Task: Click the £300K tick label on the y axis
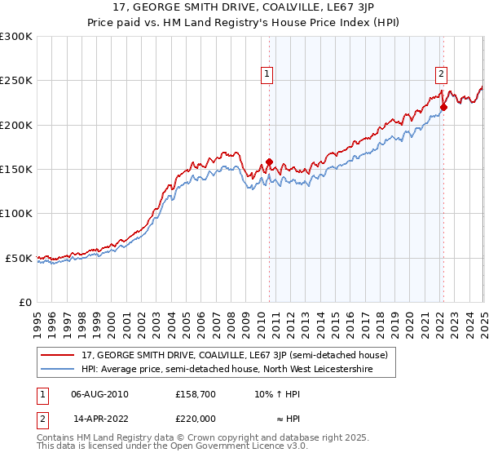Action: [18, 37]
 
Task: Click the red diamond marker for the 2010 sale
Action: [269, 162]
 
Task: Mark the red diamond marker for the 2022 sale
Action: [443, 107]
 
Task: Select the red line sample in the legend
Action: [58, 356]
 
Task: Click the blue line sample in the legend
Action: [58, 369]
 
